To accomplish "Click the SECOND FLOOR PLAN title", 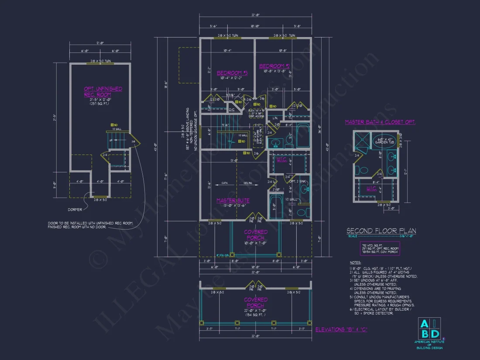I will pos(381,231).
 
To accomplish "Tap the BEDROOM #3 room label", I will pos(232,73).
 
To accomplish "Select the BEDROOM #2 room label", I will pos(275,66).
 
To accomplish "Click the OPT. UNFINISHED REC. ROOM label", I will pos(103,92).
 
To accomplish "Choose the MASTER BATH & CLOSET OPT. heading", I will pos(380,122).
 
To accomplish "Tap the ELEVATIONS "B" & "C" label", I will pos(341,329).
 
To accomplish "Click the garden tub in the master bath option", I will pos(384,142).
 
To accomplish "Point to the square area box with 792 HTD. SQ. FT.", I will pos(379,248).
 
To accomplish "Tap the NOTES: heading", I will pos(356,262).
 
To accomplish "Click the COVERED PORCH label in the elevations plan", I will pos(256,302).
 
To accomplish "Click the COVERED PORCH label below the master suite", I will pos(256,235).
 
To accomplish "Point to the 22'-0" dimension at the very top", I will pos(256,15).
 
